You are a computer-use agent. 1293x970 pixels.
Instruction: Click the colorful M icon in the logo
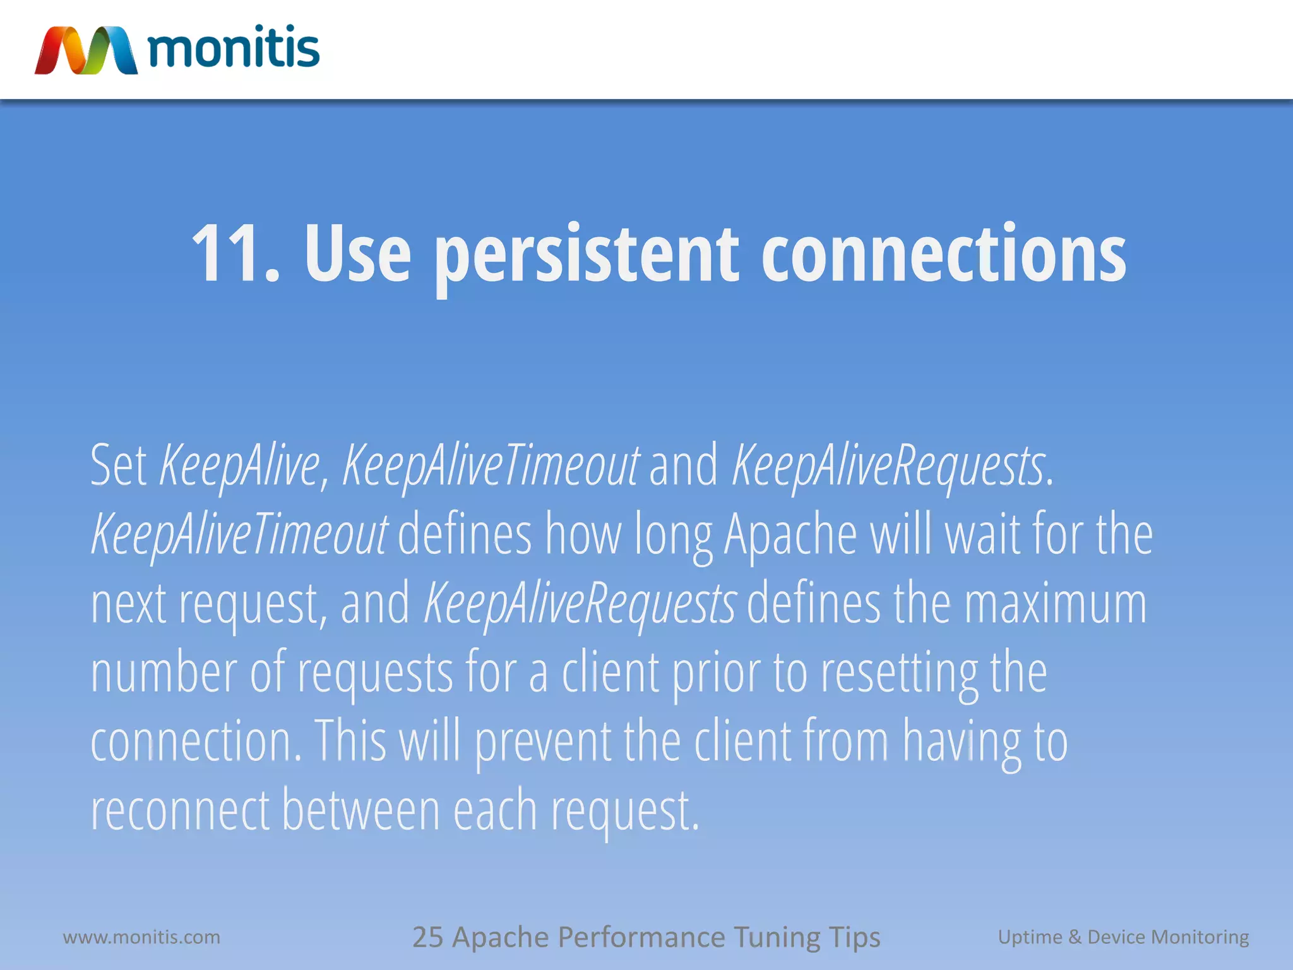click(x=86, y=51)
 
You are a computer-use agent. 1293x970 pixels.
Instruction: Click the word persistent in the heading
click(x=587, y=255)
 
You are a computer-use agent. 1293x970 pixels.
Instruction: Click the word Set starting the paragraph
click(x=118, y=465)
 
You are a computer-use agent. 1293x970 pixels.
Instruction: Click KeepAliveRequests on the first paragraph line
click(x=888, y=466)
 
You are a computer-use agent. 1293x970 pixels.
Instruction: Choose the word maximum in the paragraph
click(x=1055, y=604)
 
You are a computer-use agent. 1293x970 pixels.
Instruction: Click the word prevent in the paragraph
click(x=542, y=741)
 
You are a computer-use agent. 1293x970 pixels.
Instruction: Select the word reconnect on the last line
click(x=180, y=810)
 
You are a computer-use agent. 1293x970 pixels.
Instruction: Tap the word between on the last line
click(x=360, y=810)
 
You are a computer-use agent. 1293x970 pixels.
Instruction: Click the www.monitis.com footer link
click(x=141, y=937)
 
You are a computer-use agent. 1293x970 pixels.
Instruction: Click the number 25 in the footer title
click(x=428, y=937)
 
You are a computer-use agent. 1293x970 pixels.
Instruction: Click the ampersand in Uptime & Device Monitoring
click(x=1075, y=937)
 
